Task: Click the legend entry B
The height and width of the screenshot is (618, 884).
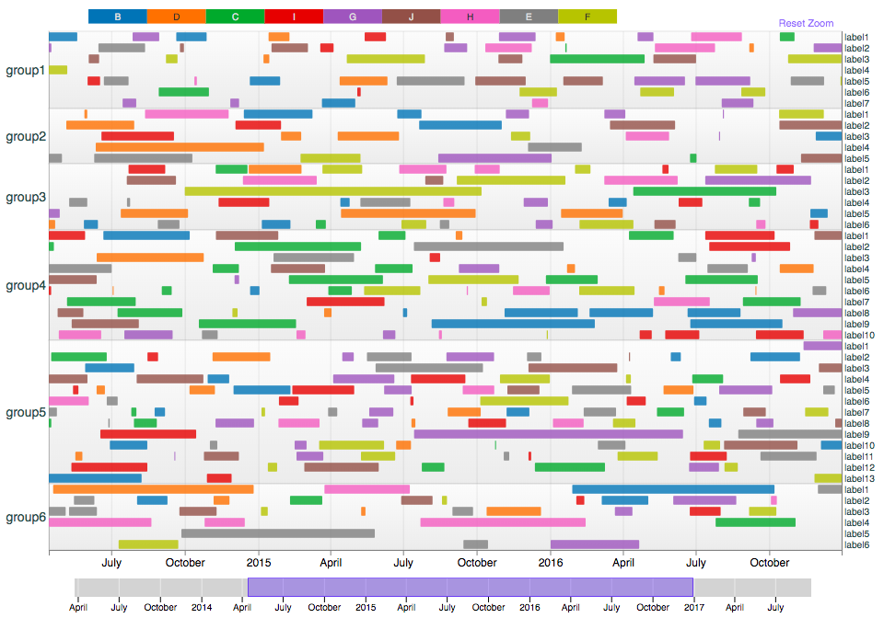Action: click(x=117, y=17)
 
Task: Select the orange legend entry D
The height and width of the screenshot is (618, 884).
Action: click(x=176, y=17)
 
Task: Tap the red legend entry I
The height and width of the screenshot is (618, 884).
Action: click(x=294, y=17)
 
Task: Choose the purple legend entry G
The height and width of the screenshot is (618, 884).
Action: click(x=353, y=17)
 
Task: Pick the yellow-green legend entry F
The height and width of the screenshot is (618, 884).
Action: click(x=587, y=17)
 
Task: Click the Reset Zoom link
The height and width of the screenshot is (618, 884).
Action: click(x=806, y=23)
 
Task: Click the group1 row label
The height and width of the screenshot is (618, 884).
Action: click(x=26, y=70)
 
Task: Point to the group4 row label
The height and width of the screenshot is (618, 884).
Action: click(x=26, y=285)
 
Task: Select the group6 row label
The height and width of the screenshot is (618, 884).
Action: click(x=26, y=517)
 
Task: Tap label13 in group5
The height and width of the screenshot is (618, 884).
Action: click(x=860, y=478)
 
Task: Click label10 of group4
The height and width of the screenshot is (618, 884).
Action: click(x=860, y=335)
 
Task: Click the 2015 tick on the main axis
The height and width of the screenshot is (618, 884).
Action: click(x=259, y=562)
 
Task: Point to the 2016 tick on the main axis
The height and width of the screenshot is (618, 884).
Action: click(x=551, y=562)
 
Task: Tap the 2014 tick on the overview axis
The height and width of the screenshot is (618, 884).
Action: click(x=202, y=607)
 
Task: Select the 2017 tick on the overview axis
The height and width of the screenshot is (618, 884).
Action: click(x=693, y=607)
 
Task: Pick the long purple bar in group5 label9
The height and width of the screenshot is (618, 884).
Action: click(x=548, y=434)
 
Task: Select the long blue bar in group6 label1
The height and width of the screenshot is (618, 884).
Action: click(x=672, y=489)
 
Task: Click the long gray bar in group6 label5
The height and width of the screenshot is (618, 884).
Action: click(x=277, y=533)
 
